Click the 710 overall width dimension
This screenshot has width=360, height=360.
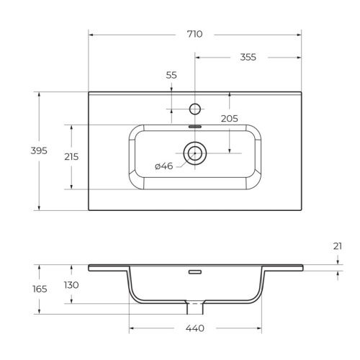pyautogui.click(x=194, y=34)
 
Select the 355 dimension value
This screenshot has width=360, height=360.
pyautogui.click(x=248, y=58)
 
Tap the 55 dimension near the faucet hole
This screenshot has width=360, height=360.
pyautogui.click(x=171, y=74)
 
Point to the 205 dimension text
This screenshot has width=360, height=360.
pyautogui.click(x=230, y=119)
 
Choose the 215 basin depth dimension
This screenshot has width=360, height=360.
pyautogui.click(x=71, y=156)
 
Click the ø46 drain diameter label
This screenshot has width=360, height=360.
pyautogui.click(x=164, y=167)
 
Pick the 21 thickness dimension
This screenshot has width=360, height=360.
pyautogui.click(x=338, y=246)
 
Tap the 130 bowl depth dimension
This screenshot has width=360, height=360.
pyautogui.click(x=71, y=285)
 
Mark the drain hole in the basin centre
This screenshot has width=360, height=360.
pyautogui.click(x=194, y=153)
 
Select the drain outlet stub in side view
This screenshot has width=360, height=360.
pyautogui.click(x=194, y=309)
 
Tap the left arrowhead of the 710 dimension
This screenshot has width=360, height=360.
pyautogui.click(x=91, y=34)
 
